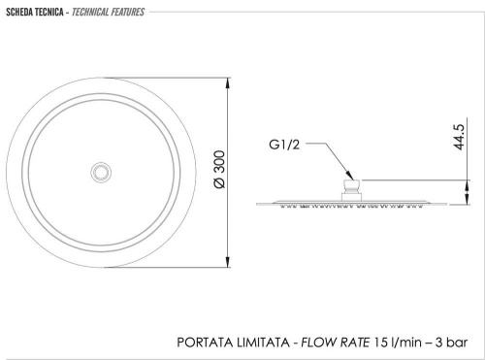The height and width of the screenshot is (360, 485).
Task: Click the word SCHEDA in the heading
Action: pyautogui.click(x=18, y=13)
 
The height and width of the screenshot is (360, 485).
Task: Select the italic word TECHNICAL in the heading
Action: pyautogui.click(x=90, y=13)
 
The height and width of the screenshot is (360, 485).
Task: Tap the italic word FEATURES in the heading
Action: pyautogui.click(x=128, y=13)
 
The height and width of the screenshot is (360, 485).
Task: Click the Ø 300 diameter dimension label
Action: pyautogui.click(x=219, y=169)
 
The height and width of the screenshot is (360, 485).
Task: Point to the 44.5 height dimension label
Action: pyautogui.click(x=459, y=137)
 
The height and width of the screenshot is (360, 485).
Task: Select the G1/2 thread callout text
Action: pyautogui.click(x=284, y=145)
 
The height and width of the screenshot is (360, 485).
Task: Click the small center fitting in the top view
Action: pyautogui.click(x=101, y=172)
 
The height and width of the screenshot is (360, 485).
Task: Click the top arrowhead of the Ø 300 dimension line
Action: pyautogui.click(x=228, y=83)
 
